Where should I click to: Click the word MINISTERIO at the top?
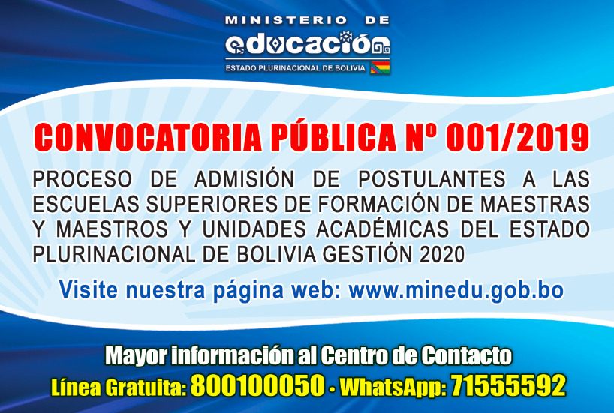286,21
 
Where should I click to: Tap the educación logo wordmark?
308,44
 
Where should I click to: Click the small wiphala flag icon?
380,67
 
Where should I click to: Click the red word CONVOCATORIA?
148,137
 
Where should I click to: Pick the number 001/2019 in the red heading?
517,137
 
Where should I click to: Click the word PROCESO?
83,179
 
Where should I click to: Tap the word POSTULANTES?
432,179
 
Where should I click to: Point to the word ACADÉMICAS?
383,229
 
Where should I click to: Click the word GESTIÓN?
368,254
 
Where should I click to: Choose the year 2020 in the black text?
442,255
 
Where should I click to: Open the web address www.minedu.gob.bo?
456,290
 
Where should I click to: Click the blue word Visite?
89,290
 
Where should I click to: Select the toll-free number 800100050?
258,385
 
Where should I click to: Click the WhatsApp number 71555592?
508,385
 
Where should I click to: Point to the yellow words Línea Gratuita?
119,388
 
